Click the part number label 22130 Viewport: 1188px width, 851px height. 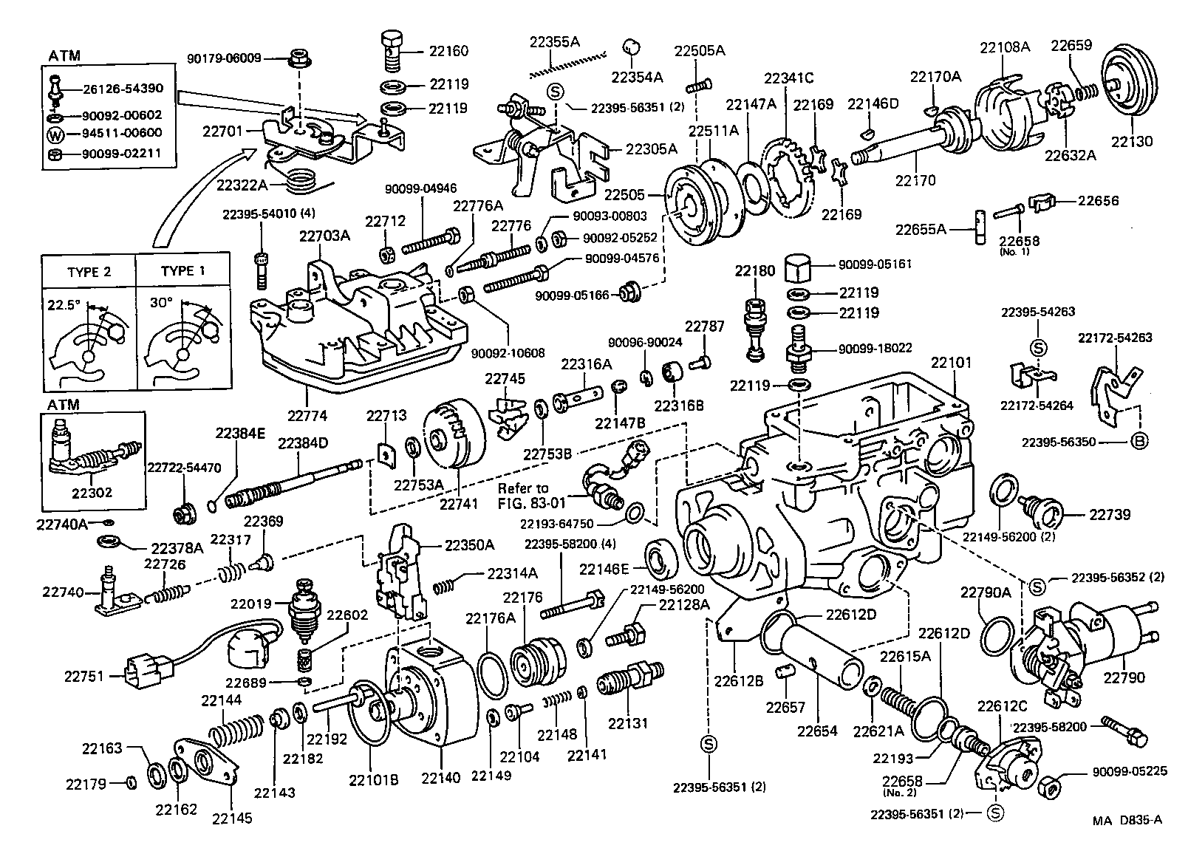(x=1131, y=142)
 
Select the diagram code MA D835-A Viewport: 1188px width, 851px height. (x=1127, y=819)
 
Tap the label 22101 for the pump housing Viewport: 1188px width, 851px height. (x=951, y=363)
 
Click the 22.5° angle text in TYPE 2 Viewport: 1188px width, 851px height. (x=64, y=304)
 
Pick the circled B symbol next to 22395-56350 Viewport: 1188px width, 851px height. (x=1138, y=442)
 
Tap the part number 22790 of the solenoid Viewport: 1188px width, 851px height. (x=1124, y=677)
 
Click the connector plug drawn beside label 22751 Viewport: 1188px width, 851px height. (x=145, y=673)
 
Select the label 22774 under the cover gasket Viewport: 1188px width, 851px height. (x=307, y=416)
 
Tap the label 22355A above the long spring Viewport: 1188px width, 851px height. (x=554, y=42)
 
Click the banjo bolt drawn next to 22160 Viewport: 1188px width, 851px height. (x=393, y=47)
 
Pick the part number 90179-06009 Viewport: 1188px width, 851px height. (x=224, y=57)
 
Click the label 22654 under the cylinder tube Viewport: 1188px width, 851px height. (x=818, y=731)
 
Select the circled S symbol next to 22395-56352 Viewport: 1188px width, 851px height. (x=1037, y=587)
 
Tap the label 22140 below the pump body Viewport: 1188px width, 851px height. (x=440, y=776)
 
